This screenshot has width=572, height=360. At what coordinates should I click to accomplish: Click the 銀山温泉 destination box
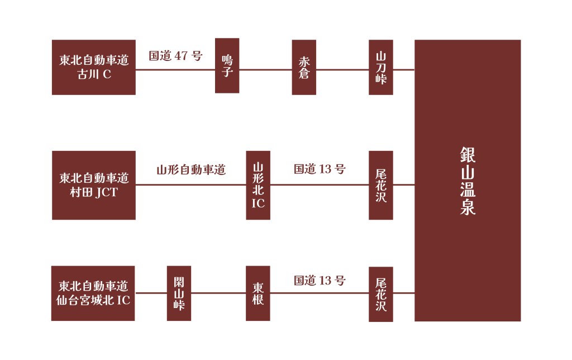468,181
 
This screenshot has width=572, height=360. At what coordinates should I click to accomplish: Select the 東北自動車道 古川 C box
93,67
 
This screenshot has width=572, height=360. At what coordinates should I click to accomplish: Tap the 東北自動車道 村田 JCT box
94,185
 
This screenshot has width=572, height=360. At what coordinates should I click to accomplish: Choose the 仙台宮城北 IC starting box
93,293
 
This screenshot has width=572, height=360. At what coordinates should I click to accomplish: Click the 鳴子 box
227,66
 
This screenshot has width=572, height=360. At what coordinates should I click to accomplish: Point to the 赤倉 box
304,67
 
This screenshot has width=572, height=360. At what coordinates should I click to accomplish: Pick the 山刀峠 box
381,67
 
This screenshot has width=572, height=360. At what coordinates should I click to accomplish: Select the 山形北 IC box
258,185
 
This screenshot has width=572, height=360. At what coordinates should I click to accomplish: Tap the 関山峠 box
179,293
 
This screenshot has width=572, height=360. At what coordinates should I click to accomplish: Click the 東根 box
258,293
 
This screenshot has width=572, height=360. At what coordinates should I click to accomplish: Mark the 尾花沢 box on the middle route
381,185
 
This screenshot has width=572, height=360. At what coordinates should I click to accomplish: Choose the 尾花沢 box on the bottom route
381,294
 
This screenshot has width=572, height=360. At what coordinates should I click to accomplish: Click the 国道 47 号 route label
175,56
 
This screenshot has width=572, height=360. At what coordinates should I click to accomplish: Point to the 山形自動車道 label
191,170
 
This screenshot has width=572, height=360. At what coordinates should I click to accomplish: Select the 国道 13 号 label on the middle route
320,169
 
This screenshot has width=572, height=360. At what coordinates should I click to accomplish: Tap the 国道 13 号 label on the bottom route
320,281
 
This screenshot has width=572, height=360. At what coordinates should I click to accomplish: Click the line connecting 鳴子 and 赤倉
265,70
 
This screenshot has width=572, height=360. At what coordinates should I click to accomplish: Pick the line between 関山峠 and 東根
218,292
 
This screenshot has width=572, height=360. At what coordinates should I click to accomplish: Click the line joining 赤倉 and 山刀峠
342,70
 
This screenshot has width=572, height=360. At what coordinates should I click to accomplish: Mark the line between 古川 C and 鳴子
175,70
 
